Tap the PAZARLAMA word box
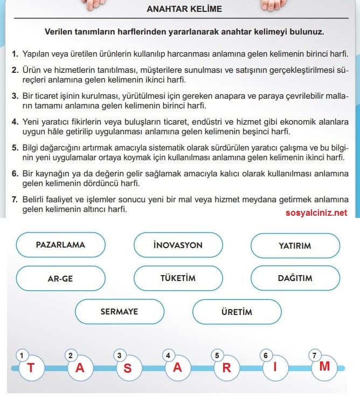pyautogui.click(x=60, y=244)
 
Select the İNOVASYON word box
pyautogui.click(x=178, y=245)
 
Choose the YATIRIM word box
pyautogui.click(x=295, y=245)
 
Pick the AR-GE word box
pyautogui.click(x=60, y=278)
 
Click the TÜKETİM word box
pyautogui.click(x=178, y=278)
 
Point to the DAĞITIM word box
pyautogui.click(x=295, y=278)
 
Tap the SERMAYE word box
pyautogui.click(x=119, y=311)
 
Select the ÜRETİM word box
pyautogui.click(x=237, y=312)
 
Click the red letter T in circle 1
pyautogui.click(x=30, y=368)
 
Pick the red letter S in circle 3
pyautogui.click(x=128, y=369)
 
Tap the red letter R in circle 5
pyautogui.click(x=227, y=369)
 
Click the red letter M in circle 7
pyautogui.click(x=324, y=367)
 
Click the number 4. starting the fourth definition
pyautogui.click(x=15, y=122)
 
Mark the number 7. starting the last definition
pyautogui.click(x=15, y=200)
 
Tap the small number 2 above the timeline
pyautogui.click(x=70, y=355)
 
